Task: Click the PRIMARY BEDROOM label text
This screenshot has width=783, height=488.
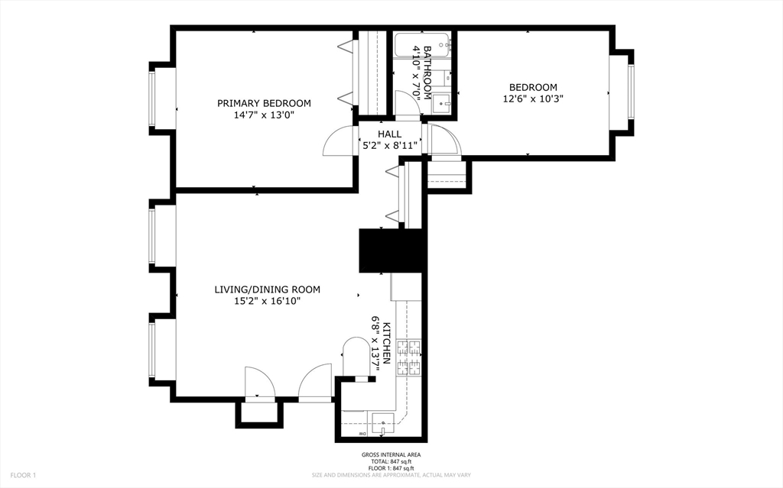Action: coord(264,103)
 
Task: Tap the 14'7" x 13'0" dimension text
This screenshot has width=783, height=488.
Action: coord(264,115)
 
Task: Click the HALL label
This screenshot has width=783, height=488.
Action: coord(389,134)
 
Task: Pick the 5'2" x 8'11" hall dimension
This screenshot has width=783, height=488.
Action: coord(389,145)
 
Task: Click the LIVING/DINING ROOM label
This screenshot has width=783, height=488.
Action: coord(267,289)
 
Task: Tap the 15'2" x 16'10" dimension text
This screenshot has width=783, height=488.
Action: coord(267,301)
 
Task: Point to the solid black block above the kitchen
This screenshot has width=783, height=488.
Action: coord(391,250)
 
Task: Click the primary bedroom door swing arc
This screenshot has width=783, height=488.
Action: coord(337,141)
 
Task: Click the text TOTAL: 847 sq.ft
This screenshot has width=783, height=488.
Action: coord(391,462)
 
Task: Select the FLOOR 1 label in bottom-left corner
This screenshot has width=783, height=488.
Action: coord(23,475)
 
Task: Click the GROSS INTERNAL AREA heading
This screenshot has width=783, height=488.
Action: coord(391,455)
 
